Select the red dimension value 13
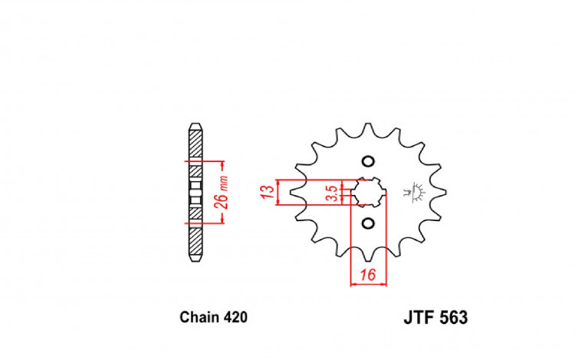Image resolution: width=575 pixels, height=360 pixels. tap(266, 192)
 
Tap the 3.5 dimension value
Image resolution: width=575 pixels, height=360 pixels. tap(330, 193)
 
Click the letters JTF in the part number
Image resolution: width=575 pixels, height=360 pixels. tap(416, 317)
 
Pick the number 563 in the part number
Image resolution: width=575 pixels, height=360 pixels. tap(452, 317)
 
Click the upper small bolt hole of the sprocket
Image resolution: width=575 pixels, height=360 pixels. tap(367, 162)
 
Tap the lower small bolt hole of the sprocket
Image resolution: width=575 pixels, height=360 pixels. tap(367, 223)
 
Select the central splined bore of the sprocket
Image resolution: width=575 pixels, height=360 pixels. tap(369, 193)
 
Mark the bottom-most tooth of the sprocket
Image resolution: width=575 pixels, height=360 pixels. tap(369, 257)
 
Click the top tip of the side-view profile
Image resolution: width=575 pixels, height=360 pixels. tap(195, 124)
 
